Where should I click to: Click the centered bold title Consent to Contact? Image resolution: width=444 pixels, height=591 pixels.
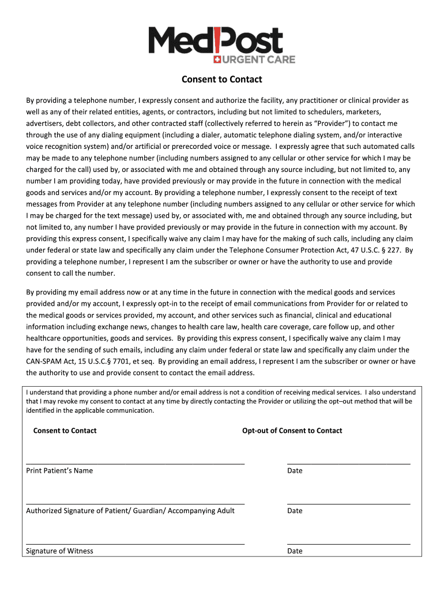pyautogui.click(x=222, y=79)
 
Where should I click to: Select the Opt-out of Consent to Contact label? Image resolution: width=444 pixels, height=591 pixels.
pyautogui.click(x=292, y=431)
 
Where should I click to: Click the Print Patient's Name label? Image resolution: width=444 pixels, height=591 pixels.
pyautogui.click(x=59, y=470)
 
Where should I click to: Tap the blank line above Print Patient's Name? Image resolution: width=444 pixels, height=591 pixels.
pyautogui.click(x=135, y=463)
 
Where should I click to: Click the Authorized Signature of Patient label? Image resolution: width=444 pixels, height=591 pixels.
pyautogui.click(x=130, y=511)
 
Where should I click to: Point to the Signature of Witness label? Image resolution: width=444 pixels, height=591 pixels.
pyautogui.click(x=59, y=551)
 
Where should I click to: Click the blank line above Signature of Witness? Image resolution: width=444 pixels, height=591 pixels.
pyautogui.click(x=135, y=543)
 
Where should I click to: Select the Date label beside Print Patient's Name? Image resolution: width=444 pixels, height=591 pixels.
pyautogui.click(x=295, y=470)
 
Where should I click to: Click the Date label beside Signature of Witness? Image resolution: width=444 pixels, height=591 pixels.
pyautogui.click(x=295, y=551)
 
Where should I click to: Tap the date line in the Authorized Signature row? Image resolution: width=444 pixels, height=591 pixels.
pyautogui.click(x=348, y=503)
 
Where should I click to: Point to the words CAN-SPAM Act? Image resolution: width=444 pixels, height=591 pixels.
pyautogui.click(x=50, y=361)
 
